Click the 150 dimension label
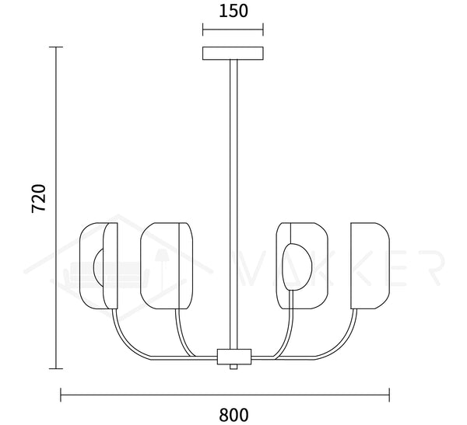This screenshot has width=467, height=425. coord(233,11)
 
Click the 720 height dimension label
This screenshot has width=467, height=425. coord(39,198)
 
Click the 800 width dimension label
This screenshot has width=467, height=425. coord(233,415)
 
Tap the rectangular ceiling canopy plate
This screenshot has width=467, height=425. coord(233,54)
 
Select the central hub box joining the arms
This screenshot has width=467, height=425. coord(234,357)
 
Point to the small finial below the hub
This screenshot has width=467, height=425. coord(233,367)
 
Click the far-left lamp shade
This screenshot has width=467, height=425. coord(99,266)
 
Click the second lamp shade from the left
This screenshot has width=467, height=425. coord(167,266)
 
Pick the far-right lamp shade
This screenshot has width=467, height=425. coord(370,266)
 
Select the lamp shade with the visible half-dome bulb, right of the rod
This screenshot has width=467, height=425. coord(302,266)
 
